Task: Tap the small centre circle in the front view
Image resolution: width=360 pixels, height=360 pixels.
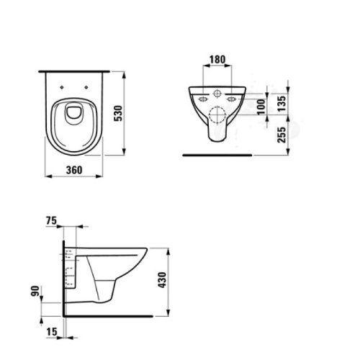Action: (x=220, y=94)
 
